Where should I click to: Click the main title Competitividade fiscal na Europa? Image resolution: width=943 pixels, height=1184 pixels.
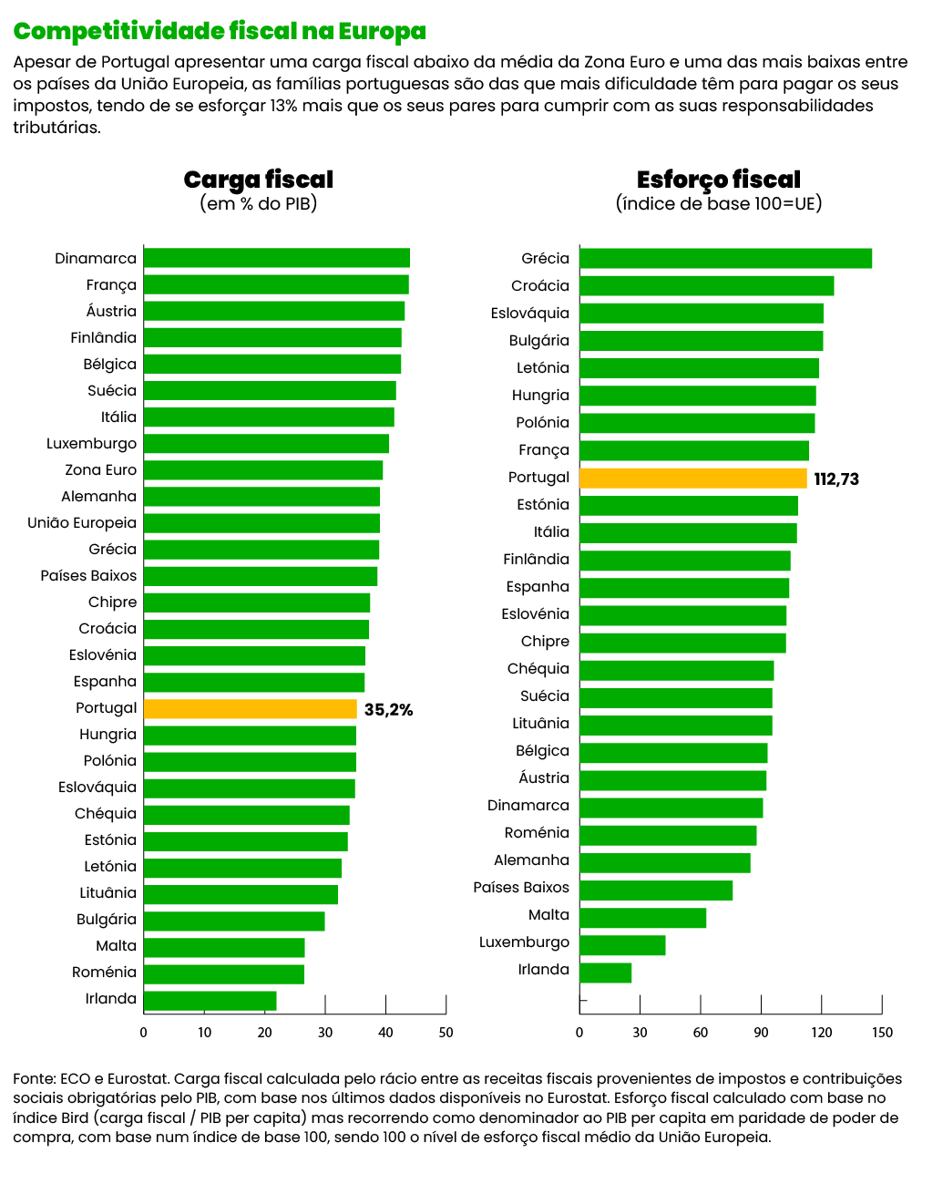click(220, 32)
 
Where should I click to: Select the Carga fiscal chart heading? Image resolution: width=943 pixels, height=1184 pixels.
click(259, 180)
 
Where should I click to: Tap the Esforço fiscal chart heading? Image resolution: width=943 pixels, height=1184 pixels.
click(718, 180)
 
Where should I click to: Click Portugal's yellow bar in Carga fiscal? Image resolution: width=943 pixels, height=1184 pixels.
click(250, 709)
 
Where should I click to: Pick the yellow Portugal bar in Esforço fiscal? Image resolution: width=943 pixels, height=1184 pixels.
click(692, 479)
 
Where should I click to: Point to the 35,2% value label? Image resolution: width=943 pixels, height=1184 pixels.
click(388, 710)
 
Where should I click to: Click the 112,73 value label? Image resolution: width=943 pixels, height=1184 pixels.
click(836, 479)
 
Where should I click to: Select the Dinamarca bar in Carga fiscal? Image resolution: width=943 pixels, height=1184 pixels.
click(276, 258)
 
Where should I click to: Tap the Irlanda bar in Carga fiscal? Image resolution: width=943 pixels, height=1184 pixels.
click(210, 1000)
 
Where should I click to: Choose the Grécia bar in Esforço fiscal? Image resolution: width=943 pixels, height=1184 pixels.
click(725, 259)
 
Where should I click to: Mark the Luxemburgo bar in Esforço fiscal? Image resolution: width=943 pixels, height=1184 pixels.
click(622, 945)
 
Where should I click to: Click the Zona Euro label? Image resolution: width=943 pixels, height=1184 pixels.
click(100, 470)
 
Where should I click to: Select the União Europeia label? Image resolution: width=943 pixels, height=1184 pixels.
click(82, 523)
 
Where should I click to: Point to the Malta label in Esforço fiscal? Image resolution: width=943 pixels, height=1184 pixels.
click(548, 915)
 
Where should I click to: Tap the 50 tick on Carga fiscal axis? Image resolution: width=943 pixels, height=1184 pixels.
click(446, 1033)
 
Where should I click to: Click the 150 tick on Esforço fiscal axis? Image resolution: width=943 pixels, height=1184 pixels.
click(882, 1033)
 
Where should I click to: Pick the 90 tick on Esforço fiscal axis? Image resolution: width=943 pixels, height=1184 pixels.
click(761, 1033)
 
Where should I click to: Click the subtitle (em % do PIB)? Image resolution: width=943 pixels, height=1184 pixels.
click(259, 204)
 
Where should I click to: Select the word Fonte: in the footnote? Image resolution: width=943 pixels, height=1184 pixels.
click(34, 1079)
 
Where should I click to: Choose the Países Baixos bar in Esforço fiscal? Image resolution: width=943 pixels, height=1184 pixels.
click(656, 891)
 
